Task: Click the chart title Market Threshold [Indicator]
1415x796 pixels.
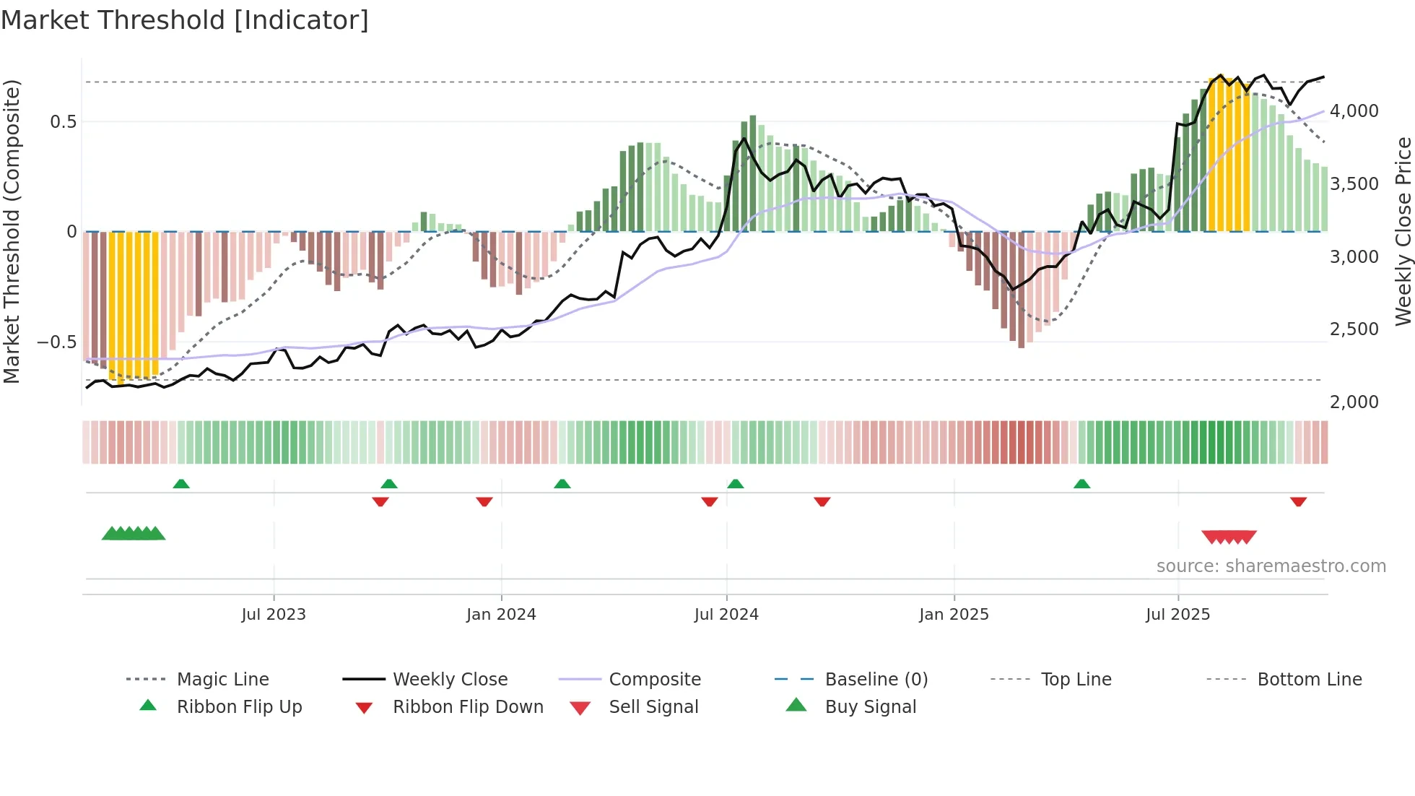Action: click(185, 20)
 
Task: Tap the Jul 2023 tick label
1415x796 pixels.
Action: click(274, 615)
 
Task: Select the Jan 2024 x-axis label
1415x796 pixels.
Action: click(501, 615)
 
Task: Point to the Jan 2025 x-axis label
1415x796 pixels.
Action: click(954, 615)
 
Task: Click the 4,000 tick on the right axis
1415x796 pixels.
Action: click(1354, 111)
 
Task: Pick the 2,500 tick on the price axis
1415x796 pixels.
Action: click(1354, 329)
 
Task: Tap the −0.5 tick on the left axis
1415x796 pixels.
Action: click(57, 342)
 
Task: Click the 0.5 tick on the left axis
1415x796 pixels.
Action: click(63, 121)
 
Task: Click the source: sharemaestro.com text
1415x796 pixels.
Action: click(1271, 566)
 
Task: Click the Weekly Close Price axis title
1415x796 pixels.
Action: click(1403, 231)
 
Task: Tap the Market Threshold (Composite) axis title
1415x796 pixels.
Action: click(12, 231)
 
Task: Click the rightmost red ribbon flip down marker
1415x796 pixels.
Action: click(1298, 501)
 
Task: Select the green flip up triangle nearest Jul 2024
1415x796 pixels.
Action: click(735, 483)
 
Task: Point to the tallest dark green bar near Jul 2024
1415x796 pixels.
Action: click(752, 173)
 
